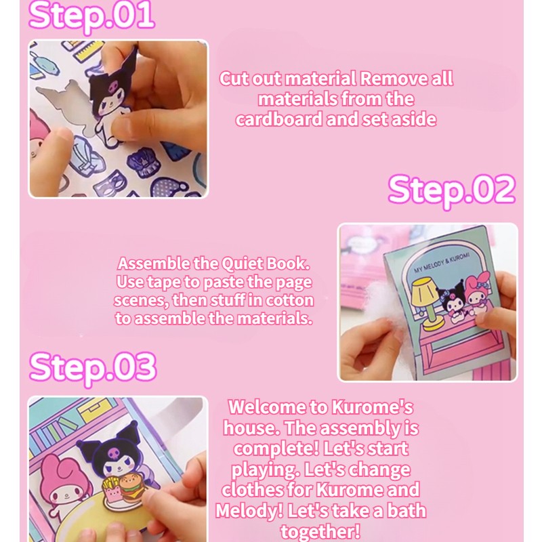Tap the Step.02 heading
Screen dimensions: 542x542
[451, 190]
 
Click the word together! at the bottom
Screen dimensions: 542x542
[320, 532]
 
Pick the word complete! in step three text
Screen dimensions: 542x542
[275, 449]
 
